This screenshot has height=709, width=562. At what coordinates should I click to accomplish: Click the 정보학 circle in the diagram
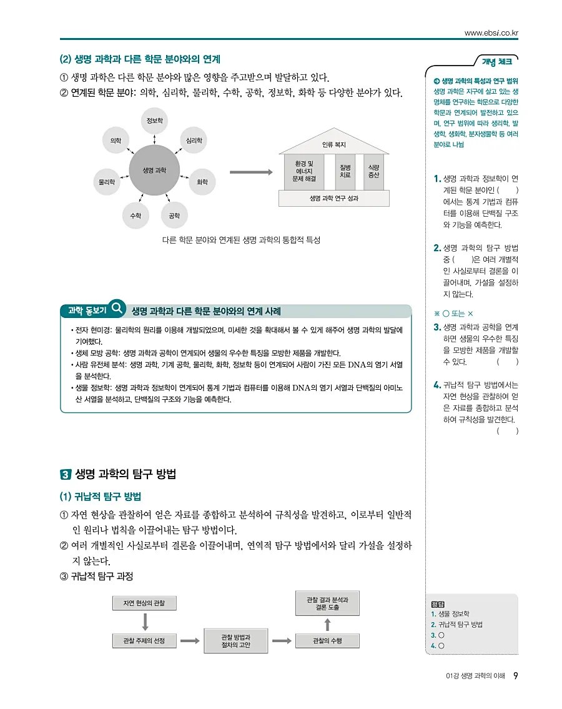(154, 120)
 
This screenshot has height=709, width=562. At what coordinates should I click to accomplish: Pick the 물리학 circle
(107, 182)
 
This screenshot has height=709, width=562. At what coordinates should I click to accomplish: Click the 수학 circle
(136, 216)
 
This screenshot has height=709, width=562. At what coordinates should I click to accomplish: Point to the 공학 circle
(174, 216)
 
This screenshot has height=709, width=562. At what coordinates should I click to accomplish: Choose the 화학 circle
(202, 182)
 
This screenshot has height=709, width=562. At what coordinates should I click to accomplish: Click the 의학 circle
(116, 141)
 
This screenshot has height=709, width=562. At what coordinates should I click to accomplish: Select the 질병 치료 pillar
(345, 171)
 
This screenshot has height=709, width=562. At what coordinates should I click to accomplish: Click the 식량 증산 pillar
(373, 171)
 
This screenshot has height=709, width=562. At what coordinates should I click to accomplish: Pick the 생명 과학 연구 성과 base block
(333, 198)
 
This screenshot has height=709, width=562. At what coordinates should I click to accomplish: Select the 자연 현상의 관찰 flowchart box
(145, 603)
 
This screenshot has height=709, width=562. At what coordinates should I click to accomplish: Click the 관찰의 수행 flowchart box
(327, 640)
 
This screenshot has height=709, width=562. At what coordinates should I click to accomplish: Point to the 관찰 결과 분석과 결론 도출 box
(327, 603)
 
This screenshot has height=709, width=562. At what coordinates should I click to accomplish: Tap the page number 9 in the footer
(515, 676)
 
